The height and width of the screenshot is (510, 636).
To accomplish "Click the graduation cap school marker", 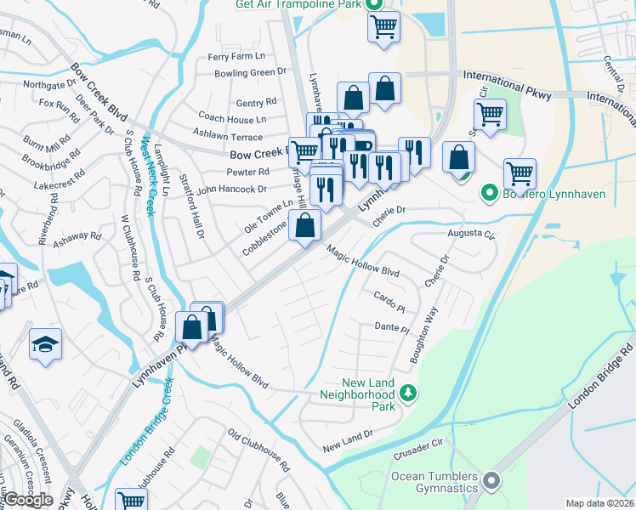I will pyautogui.click(x=46, y=344).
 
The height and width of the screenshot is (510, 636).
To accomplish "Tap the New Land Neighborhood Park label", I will pyautogui.click(x=368, y=394).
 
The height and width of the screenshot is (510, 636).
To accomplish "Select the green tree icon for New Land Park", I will pyautogui.click(x=409, y=393).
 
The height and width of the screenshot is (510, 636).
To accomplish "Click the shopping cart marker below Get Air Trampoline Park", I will pyautogui.click(x=383, y=26).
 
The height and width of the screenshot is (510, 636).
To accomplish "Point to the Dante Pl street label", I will pyautogui.click(x=392, y=327).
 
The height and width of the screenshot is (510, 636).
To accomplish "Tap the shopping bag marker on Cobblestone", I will pyautogui.click(x=304, y=227).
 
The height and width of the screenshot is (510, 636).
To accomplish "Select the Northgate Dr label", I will pyautogui.click(x=50, y=84).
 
